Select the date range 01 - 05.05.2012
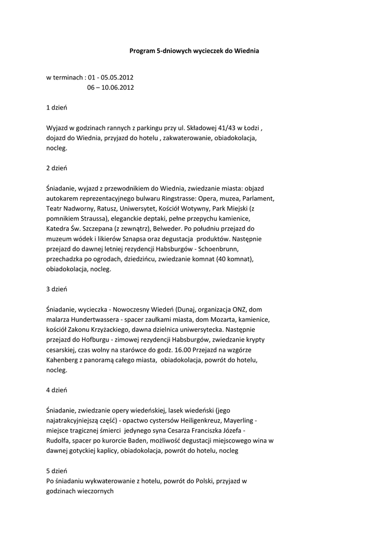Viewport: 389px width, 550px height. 111,77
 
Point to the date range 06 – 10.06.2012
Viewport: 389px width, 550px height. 111,87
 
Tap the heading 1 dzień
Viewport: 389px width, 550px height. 56,107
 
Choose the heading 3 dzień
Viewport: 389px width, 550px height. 56,289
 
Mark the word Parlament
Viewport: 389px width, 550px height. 257,198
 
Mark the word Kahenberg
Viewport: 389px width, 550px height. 63,360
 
